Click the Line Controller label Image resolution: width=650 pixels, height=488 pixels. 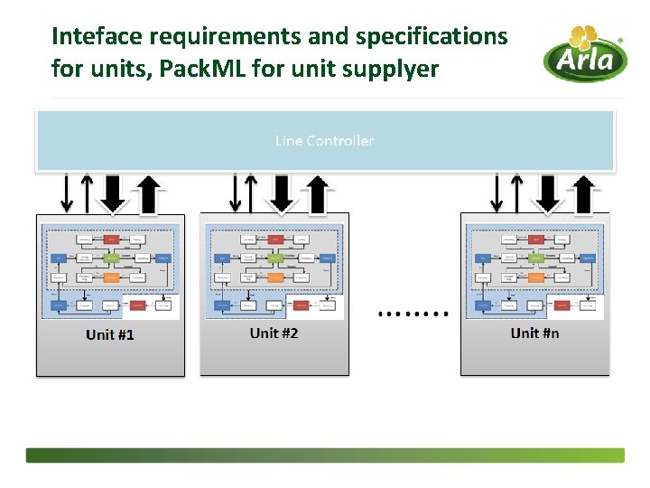click(x=324, y=141)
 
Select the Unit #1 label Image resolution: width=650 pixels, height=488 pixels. click(x=110, y=335)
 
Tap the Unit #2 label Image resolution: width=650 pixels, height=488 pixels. click(x=274, y=333)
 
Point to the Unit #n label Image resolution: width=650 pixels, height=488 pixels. click(x=534, y=333)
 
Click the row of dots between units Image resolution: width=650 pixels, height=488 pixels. click(x=413, y=313)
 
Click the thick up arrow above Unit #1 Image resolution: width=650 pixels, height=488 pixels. click(x=148, y=193)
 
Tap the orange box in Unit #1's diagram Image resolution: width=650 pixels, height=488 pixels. click(x=111, y=277)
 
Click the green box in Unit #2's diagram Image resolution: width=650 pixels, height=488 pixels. click(x=275, y=258)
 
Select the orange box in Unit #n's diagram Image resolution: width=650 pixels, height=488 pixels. click(x=536, y=277)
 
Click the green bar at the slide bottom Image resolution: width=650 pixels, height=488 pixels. click(x=324, y=455)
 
